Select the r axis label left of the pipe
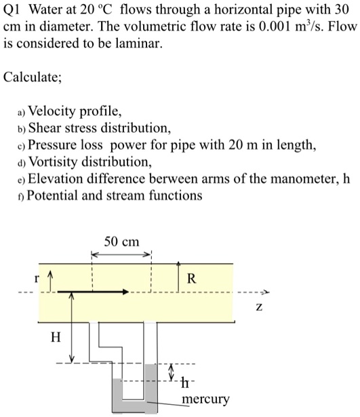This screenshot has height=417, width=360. [39, 277]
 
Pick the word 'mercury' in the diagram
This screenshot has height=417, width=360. [206, 399]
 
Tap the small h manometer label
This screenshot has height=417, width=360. [186, 379]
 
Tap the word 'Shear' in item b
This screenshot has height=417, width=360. [45, 128]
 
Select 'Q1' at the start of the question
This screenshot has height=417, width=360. [12, 9]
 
